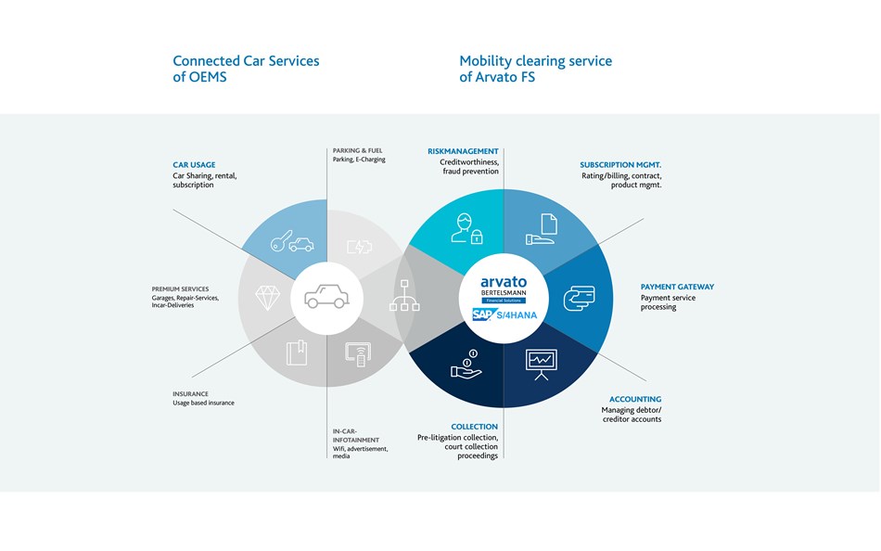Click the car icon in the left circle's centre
(x=326, y=296)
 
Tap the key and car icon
(x=291, y=241)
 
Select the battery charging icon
(x=360, y=246)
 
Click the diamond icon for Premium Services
(x=267, y=298)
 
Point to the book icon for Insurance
(x=297, y=352)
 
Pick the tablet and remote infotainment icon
(x=358, y=354)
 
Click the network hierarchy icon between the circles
(x=404, y=295)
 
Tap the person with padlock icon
(x=466, y=228)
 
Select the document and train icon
(x=542, y=229)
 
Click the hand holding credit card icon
(x=580, y=298)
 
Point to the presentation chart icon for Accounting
(x=541, y=365)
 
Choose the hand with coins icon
(x=466, y=364)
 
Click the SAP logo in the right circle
(x=483, y=314)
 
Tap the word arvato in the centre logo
(x=504, y=282)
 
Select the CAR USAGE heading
(x=194, y=165)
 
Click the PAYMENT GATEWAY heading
(x=677, y=287)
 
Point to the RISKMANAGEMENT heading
(x=463, y=151)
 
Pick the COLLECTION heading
(x=474, y=427)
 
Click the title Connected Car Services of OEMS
(x=246, y=69)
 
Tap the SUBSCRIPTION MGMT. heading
(x=620, y=165)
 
